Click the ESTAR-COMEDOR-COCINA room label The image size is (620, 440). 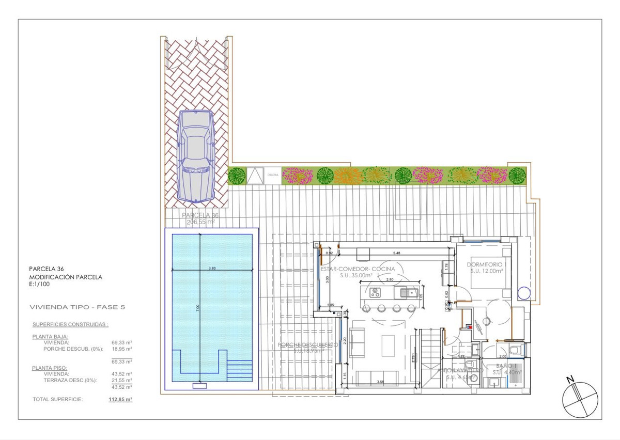[x=358, y=269]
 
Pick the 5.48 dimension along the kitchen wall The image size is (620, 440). [x=397, y=253]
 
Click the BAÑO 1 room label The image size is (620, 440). [x=504, y=366]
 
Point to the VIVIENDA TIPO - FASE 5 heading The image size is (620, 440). [x=77, y=307]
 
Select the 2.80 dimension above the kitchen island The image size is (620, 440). [x=390, y=279]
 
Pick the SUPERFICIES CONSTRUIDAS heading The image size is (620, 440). [x=70, y=325]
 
